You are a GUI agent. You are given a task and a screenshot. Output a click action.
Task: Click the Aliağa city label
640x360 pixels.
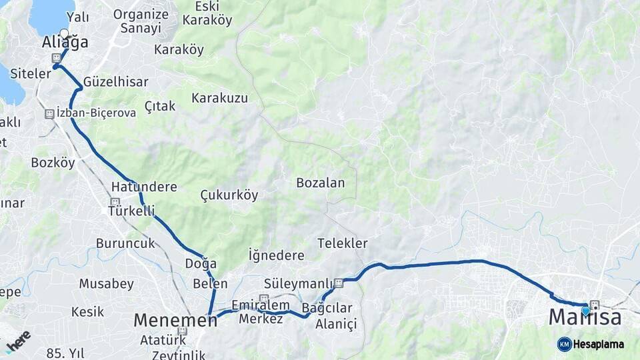[x=65, y=43]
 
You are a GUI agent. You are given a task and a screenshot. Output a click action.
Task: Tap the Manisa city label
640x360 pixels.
[x=585, y=318]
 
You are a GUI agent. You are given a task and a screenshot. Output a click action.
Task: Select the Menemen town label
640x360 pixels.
[x=175, y=320]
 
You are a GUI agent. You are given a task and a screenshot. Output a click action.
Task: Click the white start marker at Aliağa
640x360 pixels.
[x=64, y=33]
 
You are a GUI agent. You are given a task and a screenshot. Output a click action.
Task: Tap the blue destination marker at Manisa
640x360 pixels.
[x=586, y=310]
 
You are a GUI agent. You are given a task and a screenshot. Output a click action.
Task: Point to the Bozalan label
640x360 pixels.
[x=320, y=183]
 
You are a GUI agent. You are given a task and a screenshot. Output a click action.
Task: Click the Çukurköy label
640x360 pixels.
[x=229, y=195]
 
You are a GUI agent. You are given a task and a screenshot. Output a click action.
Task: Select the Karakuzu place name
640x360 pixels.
[x=219, y=98]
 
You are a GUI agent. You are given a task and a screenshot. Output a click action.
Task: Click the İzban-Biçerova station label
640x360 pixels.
[x=96, y=113]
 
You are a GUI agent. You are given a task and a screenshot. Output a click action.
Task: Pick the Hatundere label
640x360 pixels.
[x=144, y=187]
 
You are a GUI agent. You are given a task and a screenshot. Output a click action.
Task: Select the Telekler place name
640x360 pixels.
[x=342, y=243]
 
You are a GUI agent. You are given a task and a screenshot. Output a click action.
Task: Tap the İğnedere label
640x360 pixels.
[x=276, y=255]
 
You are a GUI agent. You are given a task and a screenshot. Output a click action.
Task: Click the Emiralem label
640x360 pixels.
[x=253, y=305]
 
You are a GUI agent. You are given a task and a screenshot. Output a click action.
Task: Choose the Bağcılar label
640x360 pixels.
[x=327, y=308]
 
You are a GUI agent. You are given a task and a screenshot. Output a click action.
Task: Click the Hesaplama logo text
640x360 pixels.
[x=598, y=344]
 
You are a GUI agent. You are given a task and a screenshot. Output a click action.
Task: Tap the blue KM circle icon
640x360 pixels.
[x=564, y=344]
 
